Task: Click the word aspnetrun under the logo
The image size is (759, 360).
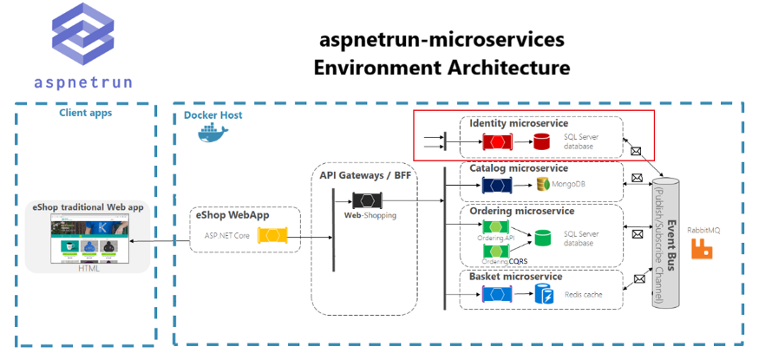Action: click(x=83, y=82)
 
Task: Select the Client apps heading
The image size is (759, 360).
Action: click(x=85, y=112)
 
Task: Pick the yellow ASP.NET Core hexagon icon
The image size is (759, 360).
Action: click(x=272, y=235)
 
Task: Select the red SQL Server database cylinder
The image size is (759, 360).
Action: click(x=542, y=141)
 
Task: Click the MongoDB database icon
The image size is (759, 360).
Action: click(x=544, y=185)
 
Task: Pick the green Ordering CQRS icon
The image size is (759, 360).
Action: click(x=496, y=251)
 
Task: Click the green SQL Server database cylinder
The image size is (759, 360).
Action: click(x=543, y=237)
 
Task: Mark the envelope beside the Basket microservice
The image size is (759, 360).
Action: click(x=639, y=279)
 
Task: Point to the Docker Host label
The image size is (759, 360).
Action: click(x=213, y=115)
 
